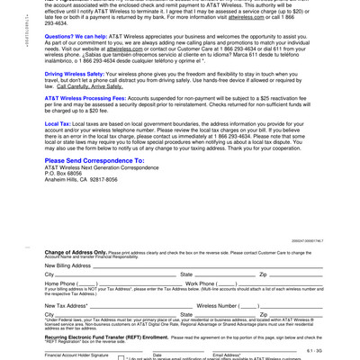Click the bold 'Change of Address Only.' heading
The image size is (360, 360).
76,253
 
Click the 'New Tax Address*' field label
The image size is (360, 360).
67,305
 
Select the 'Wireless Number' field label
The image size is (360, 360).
215,305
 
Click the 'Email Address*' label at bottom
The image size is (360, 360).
226,355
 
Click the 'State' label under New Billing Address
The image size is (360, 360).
186,274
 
